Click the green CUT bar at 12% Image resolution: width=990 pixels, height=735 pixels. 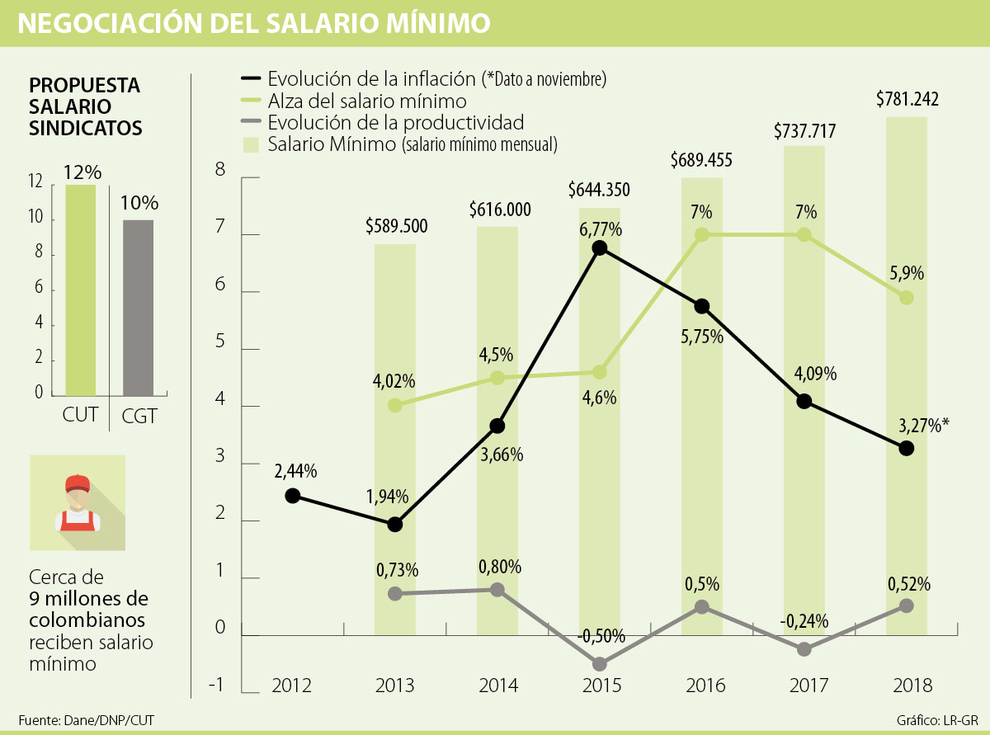point(81,290)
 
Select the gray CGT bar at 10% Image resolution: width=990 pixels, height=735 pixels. point(138,308)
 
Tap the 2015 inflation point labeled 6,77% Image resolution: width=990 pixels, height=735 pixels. point(600,247)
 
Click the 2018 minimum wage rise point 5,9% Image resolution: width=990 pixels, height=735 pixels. point(907,298)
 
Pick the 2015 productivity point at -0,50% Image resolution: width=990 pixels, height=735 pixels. point(600,664)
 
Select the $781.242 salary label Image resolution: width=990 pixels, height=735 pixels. point(907,99)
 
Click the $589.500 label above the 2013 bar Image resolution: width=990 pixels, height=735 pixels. point(396,226)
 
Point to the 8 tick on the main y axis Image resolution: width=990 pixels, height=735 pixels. point(220,171)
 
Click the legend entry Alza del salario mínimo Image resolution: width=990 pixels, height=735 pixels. point(367,101)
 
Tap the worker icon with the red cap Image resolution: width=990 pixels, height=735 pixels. point(78,502)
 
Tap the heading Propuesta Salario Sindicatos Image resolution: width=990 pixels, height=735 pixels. point(85,106)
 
